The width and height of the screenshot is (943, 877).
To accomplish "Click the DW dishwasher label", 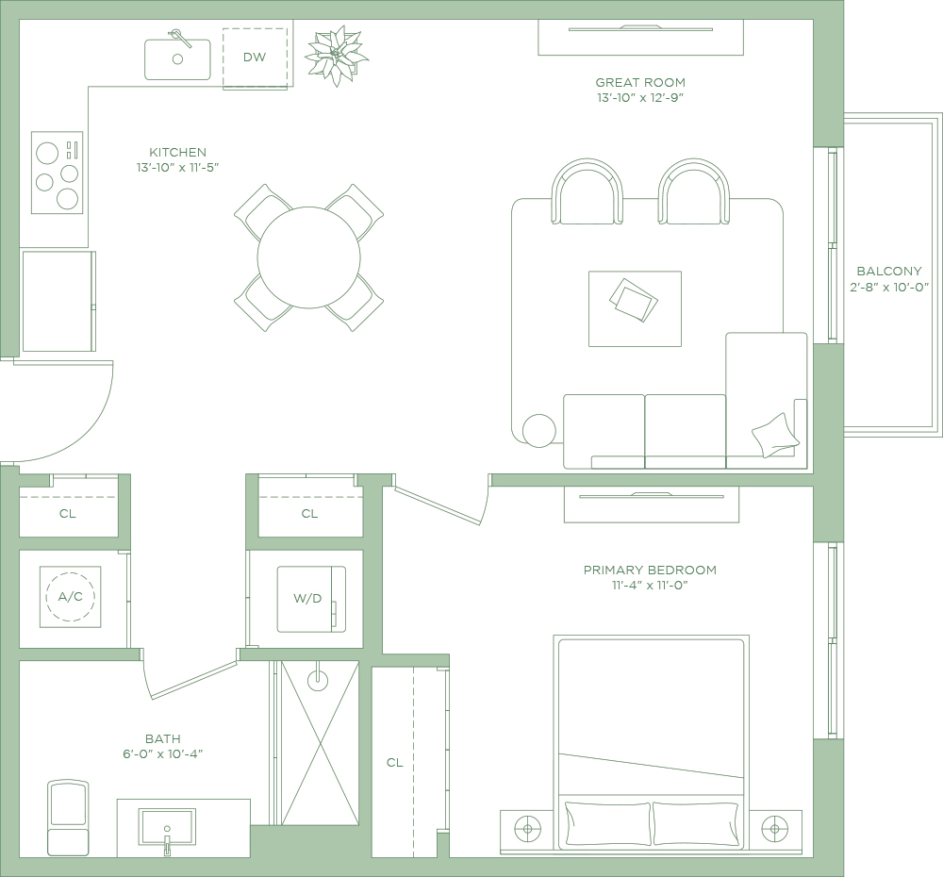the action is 255,58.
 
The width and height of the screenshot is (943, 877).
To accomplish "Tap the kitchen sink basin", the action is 177,59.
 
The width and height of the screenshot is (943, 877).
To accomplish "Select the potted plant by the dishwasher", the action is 337,56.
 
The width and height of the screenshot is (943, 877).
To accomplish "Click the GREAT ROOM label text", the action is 640,82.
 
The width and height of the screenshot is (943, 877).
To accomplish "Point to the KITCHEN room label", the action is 177,152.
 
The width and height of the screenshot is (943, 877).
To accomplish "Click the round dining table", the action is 308,257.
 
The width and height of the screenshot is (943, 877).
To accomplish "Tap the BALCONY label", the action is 889,272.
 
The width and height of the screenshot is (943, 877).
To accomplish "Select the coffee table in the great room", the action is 635,308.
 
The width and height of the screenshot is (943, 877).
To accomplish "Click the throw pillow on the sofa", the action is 775,436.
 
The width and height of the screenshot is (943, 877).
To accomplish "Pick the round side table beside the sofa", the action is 538,431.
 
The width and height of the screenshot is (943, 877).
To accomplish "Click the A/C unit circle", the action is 71,597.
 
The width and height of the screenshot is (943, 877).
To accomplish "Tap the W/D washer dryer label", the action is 307,599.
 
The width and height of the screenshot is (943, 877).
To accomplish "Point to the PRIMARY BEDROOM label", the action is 650,570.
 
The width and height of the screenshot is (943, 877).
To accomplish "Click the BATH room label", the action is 163,738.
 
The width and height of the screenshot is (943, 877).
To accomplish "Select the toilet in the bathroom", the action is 68,818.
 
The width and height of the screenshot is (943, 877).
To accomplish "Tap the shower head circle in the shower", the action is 318,680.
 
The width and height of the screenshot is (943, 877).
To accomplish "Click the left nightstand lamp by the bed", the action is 527,829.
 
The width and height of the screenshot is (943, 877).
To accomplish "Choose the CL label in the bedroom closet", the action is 394,763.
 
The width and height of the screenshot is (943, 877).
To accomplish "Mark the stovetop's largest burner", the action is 47,153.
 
